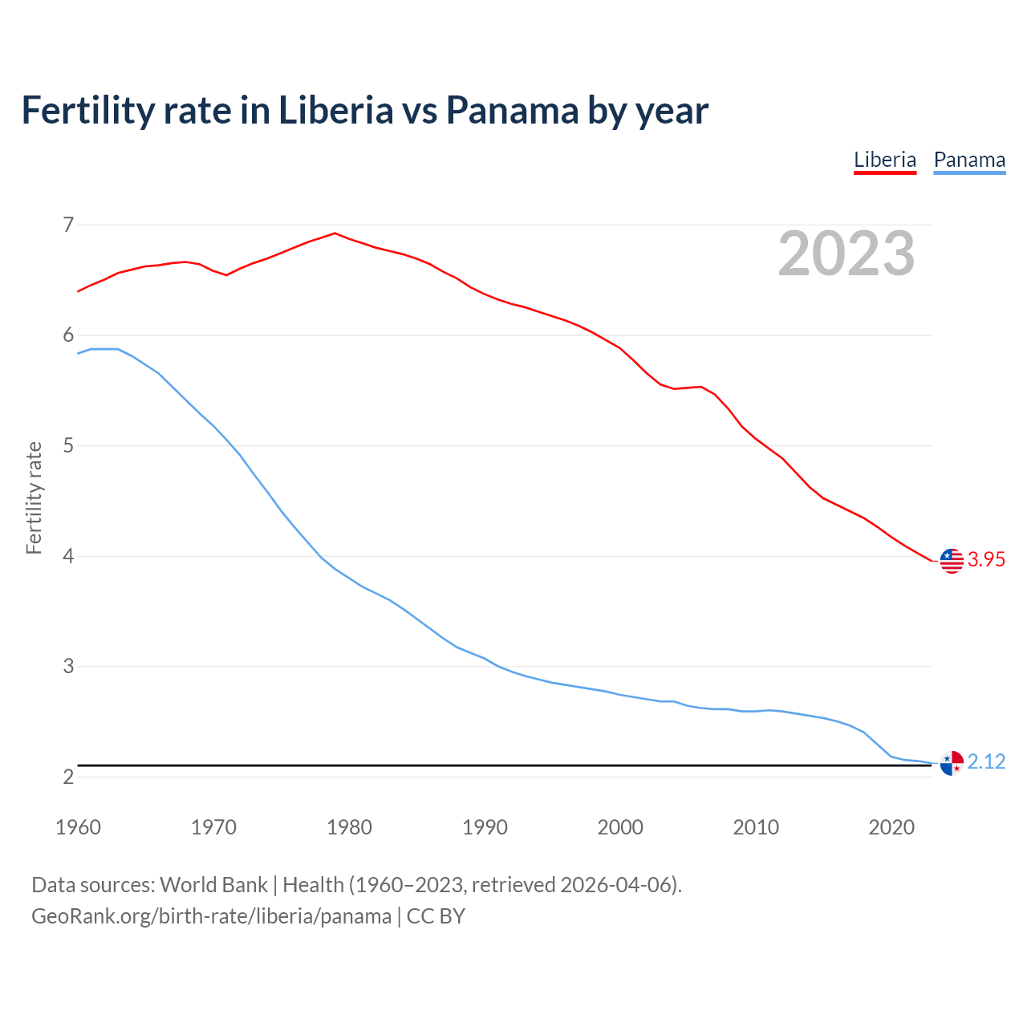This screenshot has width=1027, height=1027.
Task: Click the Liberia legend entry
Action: click(x=885, y=160)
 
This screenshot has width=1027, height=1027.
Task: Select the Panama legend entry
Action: click(x=969, y=160)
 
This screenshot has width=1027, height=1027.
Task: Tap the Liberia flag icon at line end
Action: click(x=952, y=561)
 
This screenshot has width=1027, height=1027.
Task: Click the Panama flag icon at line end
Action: click(x=952, y=763)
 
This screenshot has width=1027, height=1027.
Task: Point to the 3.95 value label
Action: click(x=986, y=560)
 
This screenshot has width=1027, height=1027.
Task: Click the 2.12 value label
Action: click(x=986, y=761)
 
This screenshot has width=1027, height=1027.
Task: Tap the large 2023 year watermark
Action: click(x=846, y=254)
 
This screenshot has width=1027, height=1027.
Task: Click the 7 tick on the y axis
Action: click(x=68, y=225)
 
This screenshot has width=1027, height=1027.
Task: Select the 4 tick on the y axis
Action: click(x=68, y=556)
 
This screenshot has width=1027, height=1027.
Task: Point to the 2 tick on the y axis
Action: click(x=68, y=777)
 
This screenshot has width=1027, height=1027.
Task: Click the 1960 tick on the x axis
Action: click(x=78, y=827)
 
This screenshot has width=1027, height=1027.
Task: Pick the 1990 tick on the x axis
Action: click(x=485, y=827)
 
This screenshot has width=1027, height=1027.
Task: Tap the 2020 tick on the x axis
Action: click(x=891, y=827)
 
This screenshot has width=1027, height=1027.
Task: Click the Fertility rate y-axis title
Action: click(x=34, y=497)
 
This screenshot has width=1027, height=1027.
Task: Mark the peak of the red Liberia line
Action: click(x=335, y=233)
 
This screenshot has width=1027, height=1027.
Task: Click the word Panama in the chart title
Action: click(x=512, y=110)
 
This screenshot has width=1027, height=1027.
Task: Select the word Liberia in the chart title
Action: click(x=335, y=110)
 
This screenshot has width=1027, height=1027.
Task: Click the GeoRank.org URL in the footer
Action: click(x=211, y=915)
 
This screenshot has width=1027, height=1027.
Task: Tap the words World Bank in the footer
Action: click(x=213, y=885)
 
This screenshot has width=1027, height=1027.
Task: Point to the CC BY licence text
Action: click(x=436, y=915)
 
